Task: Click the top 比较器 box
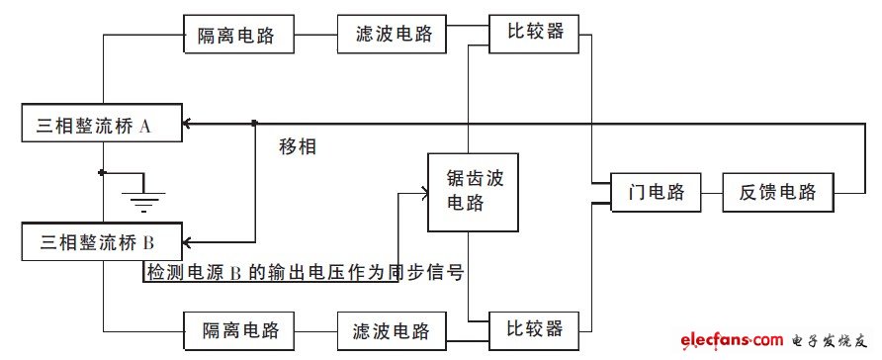coord(541,32)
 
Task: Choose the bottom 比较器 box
coord(541,327)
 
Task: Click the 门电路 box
coord(656,192)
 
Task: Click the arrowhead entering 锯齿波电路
coord(421,193)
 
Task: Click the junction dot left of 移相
coord(255,124)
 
